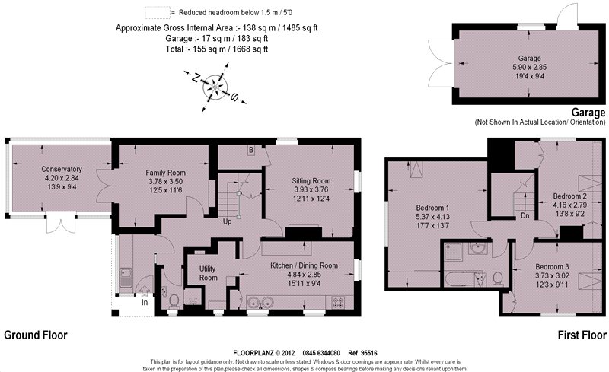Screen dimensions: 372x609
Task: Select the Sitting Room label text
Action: click(311, 180)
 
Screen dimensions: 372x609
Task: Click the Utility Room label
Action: click(208, 273)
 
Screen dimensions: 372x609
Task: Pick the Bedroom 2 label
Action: click(569, 196)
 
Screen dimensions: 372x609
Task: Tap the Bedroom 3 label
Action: click(552, 266)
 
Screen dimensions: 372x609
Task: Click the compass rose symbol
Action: click(216, 87)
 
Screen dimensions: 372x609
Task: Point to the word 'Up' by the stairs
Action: click(227, 222)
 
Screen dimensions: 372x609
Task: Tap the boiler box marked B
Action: click(250, 151)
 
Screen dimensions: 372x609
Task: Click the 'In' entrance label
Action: click(144, 302)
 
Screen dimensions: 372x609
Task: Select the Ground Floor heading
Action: click(35, 335)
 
